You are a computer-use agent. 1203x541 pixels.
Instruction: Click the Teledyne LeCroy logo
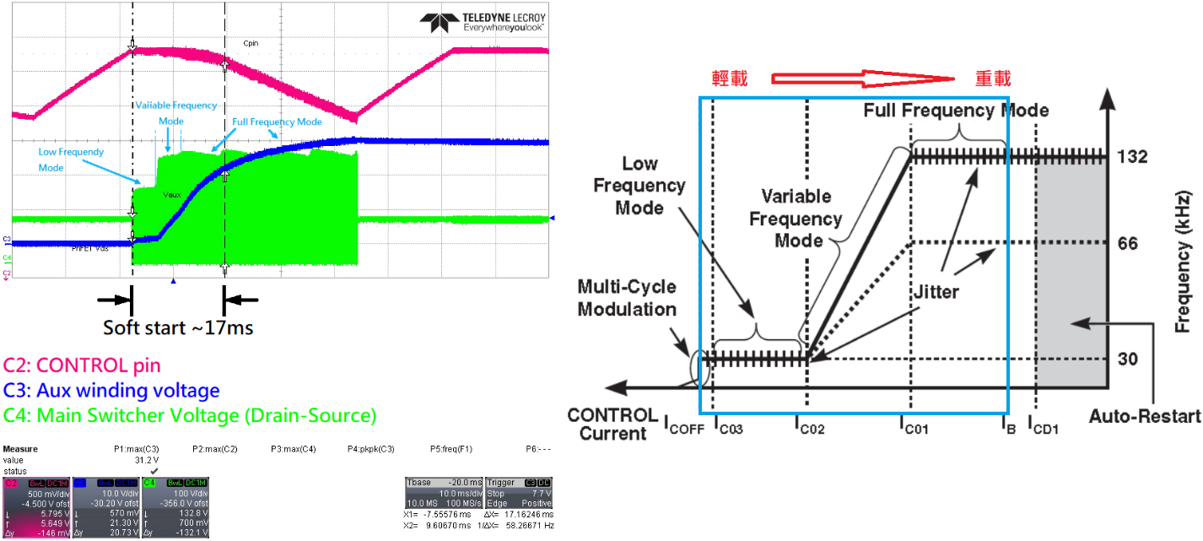pos(483,21)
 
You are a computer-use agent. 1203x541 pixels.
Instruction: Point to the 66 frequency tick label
pos(1128,244)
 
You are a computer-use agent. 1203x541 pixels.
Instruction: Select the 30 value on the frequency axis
pos(1128,360)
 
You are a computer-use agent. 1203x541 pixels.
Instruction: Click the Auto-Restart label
pos(1144,416)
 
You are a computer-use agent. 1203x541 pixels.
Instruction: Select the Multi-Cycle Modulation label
pos(627,298)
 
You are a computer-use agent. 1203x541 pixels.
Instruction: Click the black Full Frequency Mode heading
pos(956,110)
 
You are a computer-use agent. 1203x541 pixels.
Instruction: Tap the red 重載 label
pos(993,78)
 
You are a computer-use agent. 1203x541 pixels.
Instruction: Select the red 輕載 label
pos(730,78)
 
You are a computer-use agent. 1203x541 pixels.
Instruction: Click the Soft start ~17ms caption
pos(178,327)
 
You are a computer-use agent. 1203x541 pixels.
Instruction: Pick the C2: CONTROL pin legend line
pos(82,365)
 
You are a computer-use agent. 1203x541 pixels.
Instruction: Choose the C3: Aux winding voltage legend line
pos(111,390)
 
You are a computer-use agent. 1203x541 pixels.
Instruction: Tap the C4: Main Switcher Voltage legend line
pos(190,415)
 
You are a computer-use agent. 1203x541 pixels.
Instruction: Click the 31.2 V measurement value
pos(148,461)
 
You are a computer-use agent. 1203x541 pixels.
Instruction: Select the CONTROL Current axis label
pos(612,425)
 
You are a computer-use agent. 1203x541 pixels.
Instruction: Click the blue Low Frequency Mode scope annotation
pos(71,160)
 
